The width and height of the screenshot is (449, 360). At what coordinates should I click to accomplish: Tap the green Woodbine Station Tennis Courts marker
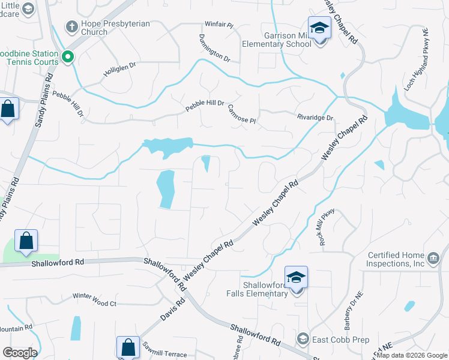point(68,58)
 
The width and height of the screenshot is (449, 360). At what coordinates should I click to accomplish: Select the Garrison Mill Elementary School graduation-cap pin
point(319,28)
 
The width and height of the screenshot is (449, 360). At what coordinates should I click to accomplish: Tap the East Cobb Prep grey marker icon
point(304,340)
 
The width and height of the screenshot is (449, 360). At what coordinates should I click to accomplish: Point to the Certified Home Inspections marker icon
point(434,258)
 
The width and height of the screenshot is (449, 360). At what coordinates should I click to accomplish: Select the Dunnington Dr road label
point(214,49)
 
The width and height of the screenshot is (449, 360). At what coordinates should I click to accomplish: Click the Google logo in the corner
point(20,353)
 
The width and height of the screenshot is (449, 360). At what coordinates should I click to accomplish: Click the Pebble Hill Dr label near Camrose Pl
point(204,103)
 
